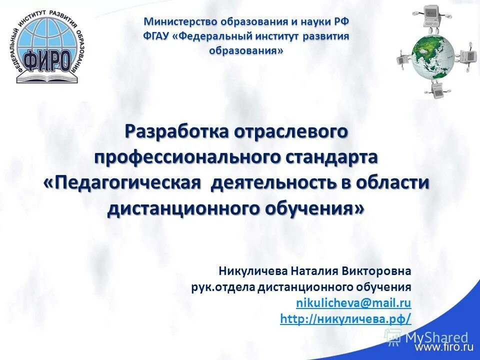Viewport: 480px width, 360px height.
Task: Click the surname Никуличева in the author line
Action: point(253,271)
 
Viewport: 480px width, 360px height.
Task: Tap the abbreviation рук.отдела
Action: point(223,287)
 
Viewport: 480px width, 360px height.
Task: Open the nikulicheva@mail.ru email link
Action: point(353,302)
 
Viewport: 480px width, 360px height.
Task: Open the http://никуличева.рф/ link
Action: point(345,318)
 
